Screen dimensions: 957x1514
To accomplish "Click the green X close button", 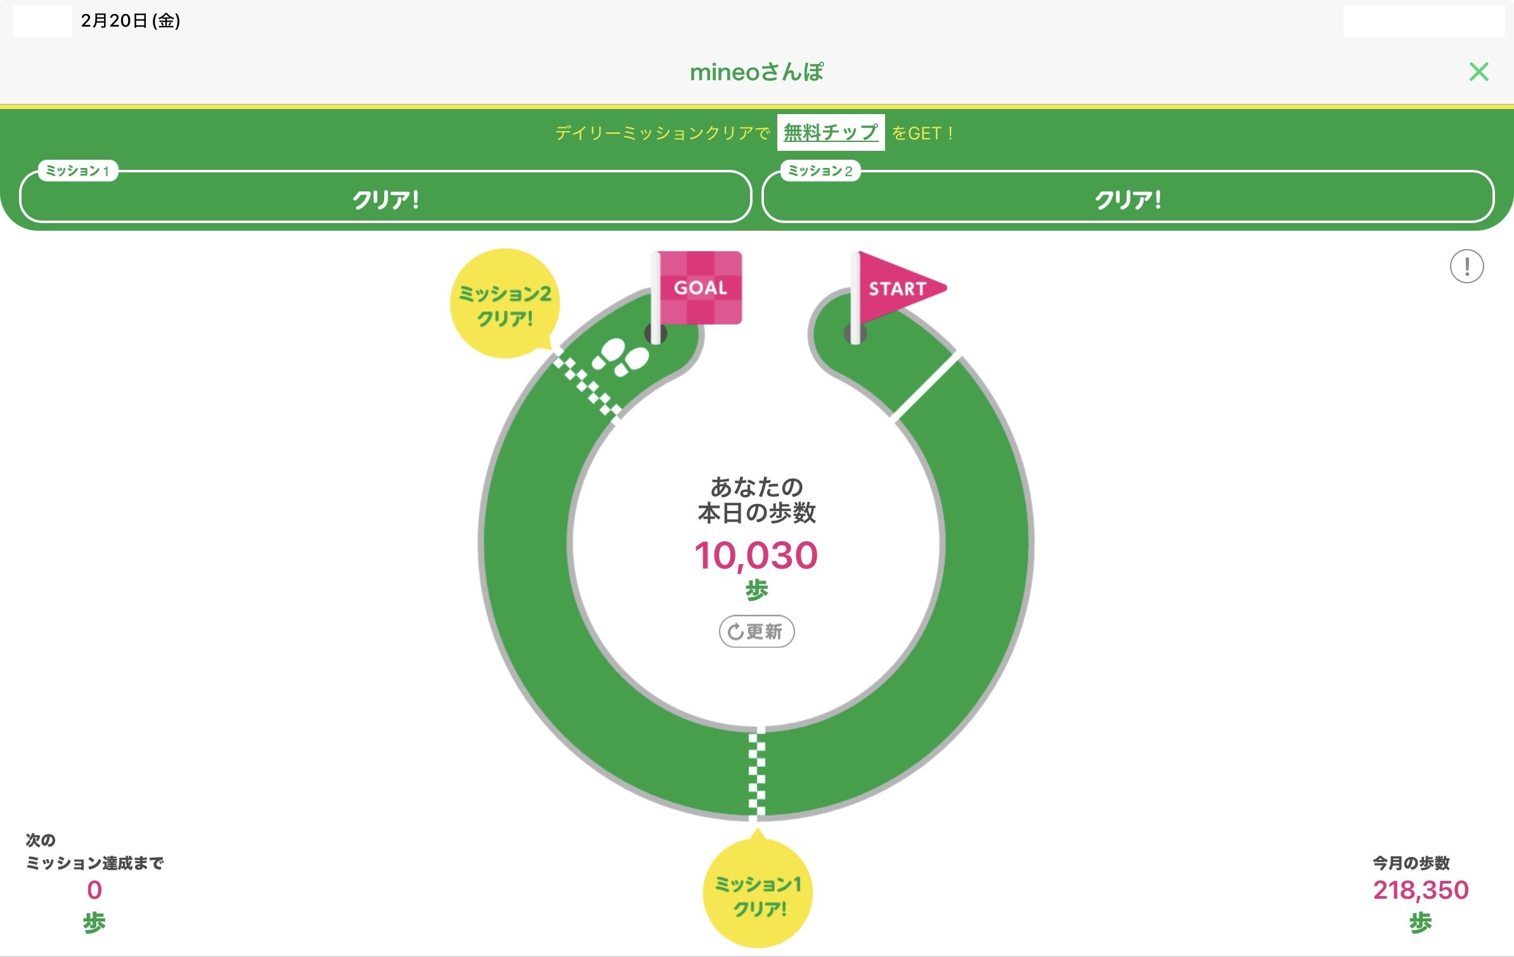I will point(1478,72).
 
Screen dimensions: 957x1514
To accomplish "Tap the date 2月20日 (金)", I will point(131,21).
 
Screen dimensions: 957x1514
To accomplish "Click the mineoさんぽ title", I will point(756,72).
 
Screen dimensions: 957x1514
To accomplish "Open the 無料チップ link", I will point(831,132).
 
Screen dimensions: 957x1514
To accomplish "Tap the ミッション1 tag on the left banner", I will point(78,171).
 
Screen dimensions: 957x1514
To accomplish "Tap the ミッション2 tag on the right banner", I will point(820,171).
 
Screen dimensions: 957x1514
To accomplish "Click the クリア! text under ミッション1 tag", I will point(385,200).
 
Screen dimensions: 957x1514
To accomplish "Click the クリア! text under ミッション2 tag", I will point(1128,200).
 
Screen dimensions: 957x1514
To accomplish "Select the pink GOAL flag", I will point(699,288).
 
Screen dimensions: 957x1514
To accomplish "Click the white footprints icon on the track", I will point(620,357).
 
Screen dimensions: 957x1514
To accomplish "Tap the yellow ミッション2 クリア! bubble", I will point(505,304).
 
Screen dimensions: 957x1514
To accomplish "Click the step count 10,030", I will point(756,556).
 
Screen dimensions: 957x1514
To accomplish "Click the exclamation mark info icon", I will point(1466,266).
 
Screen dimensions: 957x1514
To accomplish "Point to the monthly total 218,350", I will point(1420,890).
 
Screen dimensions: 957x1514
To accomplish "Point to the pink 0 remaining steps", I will point(94,890).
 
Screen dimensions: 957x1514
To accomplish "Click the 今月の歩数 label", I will point(1411,863).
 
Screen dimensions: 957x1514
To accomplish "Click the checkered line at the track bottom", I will point(756,773).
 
